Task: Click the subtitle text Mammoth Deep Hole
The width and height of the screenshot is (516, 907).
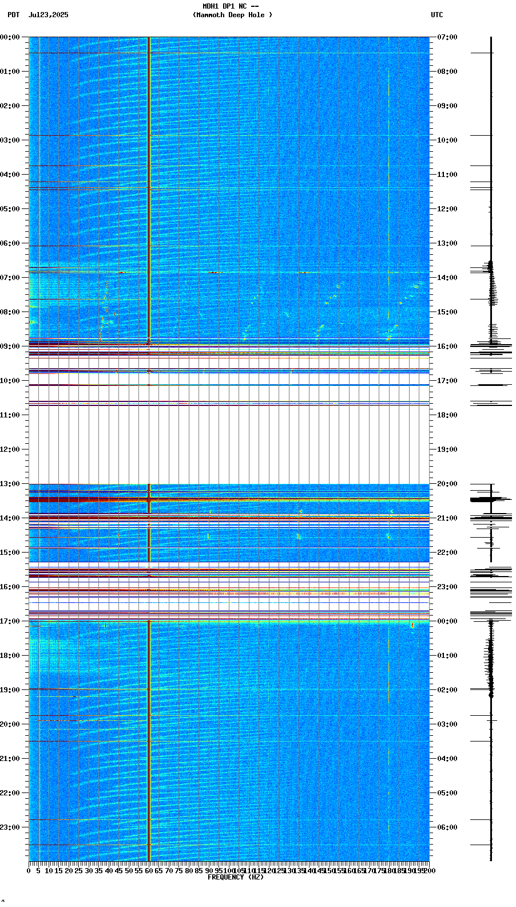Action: (x=232, y=15)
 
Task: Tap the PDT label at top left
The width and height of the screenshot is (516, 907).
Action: (x=13, y=15)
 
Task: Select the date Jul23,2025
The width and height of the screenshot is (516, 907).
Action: (x=48, y=15)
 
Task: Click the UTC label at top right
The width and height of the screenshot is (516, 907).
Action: (x=436, y=15)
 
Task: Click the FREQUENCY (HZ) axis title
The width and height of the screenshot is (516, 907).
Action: (x=235, y=877)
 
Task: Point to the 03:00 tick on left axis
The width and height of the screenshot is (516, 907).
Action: (x=10, y=140)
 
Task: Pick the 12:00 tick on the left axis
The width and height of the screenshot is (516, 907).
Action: (x=10, y=449)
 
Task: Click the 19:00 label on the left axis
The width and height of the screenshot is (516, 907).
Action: (x=10, y=690)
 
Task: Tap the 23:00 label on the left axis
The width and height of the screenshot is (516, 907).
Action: (x=10, y=827)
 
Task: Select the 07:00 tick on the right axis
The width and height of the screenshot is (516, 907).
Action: (x=447, y=37)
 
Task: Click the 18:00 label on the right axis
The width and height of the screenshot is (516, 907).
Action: (x=447, y=415)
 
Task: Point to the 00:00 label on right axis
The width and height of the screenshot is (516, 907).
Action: (x=447, y=621)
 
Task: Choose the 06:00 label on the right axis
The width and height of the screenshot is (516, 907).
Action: (x=447, y=827)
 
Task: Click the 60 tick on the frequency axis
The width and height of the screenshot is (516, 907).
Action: (x=149, y=871)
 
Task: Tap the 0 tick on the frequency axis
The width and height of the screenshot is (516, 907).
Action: (x=29, y=871)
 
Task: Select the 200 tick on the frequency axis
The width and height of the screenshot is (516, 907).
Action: (x=429, y=871)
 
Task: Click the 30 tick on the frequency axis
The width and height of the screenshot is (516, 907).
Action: (x=89, y=871)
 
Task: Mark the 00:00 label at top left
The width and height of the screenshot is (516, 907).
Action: (x=10, y=37)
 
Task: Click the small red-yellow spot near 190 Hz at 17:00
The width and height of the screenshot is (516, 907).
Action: (x=412, y=625)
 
